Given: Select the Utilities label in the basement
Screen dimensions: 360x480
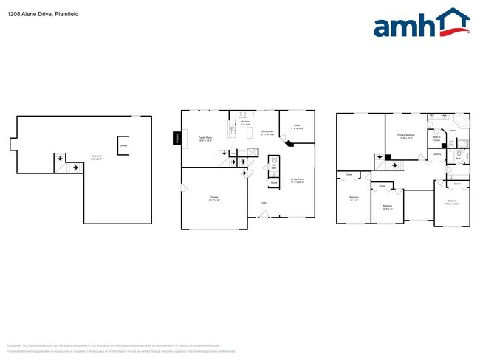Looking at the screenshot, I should click(122, 145).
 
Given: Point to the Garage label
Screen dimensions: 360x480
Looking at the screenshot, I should click(213, 198).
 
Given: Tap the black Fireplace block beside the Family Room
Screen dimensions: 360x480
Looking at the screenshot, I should click(177, 138).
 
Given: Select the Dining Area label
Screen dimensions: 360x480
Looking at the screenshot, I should click(267, 134).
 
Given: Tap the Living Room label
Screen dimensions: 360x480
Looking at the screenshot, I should click(297, 180).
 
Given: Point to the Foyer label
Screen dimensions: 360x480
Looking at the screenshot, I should click(263, 203).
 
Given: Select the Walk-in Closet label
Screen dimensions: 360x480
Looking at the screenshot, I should click(436, 138).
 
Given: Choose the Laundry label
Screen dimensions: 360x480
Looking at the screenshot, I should click(437, 154).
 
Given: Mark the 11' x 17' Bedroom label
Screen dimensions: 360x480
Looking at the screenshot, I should click(353, 198).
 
